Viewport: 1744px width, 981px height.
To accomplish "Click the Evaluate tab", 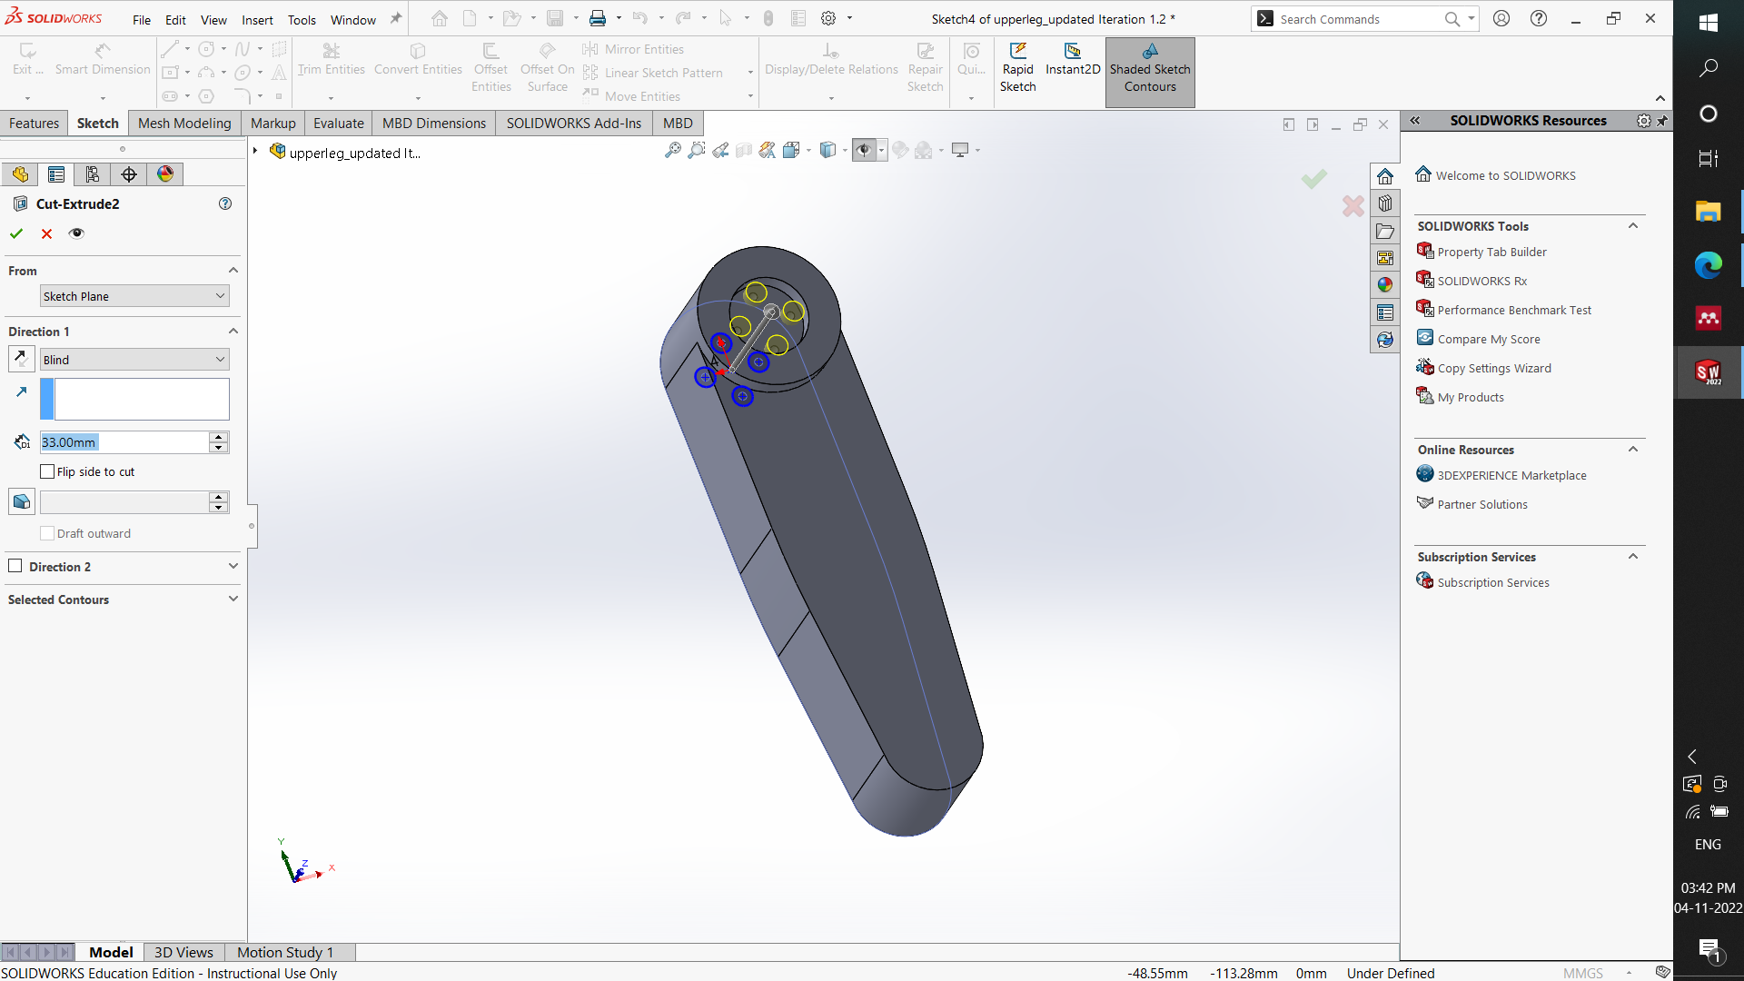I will [x=338, y=124].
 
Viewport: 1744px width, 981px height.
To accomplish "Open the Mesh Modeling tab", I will [x=184, y=124].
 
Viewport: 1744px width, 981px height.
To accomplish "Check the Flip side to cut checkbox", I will [x=48, y=471].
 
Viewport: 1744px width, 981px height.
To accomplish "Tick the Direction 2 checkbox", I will [x=15, y=566].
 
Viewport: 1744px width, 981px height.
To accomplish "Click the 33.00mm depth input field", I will [x=124, y=442].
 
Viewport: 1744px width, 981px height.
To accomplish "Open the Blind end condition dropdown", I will [x=134, y=360].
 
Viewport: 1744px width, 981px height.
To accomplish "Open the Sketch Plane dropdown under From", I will [x=134, y=296].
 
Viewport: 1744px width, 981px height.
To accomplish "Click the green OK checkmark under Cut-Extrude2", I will [x=16, y=233].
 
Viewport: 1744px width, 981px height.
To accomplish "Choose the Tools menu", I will [x=302, y=20].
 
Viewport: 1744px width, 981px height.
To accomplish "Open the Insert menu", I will [x=257, y=20].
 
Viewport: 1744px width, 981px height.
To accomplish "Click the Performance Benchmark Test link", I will [x=1514, y=310].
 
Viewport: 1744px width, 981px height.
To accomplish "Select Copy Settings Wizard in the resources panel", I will [x=1494, y=368].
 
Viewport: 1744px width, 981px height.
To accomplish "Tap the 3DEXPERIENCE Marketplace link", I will [x=1511, y=475].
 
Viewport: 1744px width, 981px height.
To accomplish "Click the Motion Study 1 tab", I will [x=285, y=952].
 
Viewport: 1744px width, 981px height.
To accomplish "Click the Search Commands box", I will [x=1358, y=19].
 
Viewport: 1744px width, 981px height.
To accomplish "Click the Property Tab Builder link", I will [x=1491, y=252].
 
